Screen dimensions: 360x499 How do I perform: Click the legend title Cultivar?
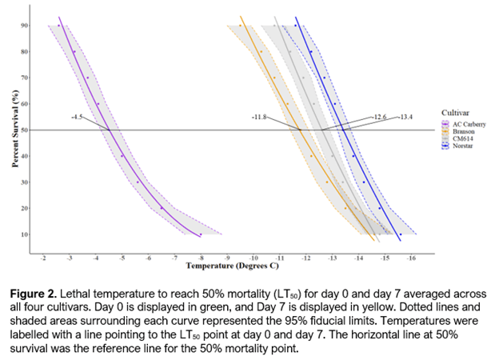[x=454, y=113]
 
